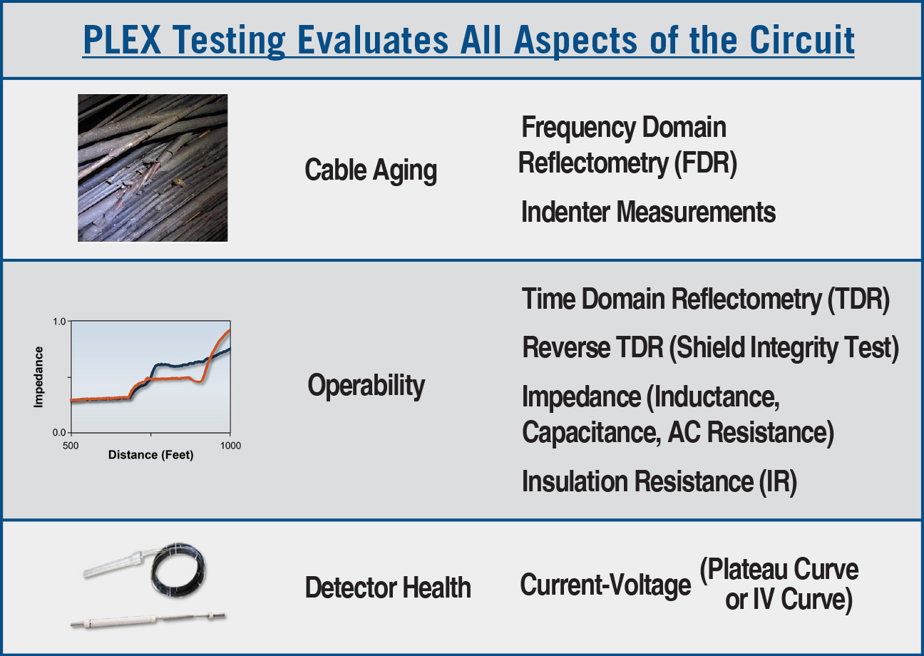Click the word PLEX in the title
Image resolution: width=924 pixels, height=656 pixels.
[x=122, y=40]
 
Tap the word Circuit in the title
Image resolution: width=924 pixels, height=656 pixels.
[x=802, y=40]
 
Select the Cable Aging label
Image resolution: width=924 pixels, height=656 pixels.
[x=371, y=170]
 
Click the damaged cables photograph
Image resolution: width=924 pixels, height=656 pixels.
[x=153, y=168]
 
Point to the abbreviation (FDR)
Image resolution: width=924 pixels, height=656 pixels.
[x=705, y=163]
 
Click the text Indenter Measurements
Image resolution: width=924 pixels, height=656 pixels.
[x=649, y=212]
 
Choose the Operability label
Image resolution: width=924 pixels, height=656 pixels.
[x=366, y=385]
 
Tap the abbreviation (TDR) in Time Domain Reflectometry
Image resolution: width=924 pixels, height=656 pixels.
[x=858, y=299]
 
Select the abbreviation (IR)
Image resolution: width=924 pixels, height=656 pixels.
[x=778, y=482]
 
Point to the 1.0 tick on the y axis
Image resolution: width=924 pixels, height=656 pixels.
[x=59, y=322]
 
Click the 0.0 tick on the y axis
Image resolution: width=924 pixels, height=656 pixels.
[x=59, y=432]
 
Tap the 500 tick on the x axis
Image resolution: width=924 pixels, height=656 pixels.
[x=71, y=446]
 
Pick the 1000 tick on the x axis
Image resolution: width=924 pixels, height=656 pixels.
[x=230, y=446]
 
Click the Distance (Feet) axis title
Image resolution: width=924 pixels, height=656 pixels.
[x=150, y=455]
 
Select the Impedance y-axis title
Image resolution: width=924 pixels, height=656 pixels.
[x=38, y=377]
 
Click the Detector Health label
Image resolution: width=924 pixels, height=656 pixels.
[x=388, y=588]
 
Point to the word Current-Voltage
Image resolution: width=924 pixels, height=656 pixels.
[x=605, y=585]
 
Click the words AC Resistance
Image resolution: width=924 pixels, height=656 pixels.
[x=751, y=433]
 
